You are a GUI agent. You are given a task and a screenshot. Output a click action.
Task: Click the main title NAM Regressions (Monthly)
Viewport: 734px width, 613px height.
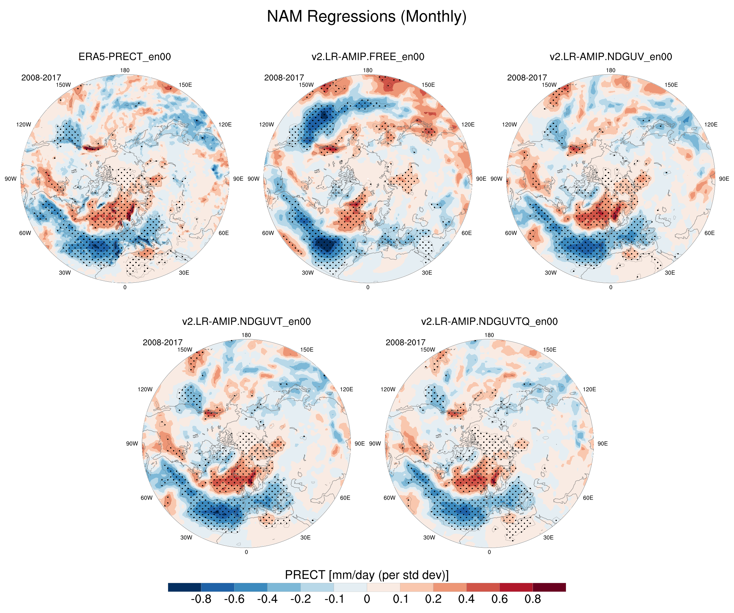[x=367, y=17]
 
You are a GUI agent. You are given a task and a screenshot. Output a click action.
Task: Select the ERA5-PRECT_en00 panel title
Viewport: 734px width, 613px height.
[x=124, y=57]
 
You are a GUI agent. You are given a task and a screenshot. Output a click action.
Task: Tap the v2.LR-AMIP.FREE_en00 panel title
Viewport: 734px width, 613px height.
[x=368, y=57]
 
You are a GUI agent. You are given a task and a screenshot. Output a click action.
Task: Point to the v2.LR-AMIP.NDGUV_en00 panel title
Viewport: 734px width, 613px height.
[x=611, y=57]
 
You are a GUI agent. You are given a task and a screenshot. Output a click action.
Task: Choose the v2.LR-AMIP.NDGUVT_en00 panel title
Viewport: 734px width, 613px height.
[x=246, y=322]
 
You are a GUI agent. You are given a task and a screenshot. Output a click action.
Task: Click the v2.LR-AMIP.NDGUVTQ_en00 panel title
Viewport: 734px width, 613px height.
[x=489, y=322]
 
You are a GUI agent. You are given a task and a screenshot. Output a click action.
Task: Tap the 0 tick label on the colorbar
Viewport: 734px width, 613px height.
[x=367, y=599]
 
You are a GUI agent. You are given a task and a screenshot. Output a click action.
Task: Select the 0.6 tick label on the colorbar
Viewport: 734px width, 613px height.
[x=499, y=599]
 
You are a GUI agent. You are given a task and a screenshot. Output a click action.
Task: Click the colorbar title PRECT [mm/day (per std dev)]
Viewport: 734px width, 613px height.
[x=367, y=575]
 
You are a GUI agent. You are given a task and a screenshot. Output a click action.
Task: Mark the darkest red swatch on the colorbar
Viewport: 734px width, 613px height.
[x=549, y=587]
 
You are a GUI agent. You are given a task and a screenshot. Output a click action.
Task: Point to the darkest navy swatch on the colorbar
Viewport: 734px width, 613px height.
[x=184, y=587]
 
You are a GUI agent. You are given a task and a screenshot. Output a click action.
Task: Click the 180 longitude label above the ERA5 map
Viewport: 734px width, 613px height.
[x=125, y=70]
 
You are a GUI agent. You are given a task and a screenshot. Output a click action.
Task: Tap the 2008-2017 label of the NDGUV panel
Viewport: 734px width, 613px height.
[x=527, y=78]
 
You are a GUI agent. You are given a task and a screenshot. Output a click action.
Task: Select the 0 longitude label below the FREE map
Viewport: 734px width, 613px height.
[x=368, y=287]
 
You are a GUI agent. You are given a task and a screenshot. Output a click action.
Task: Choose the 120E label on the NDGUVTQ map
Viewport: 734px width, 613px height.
[x=589, y=389]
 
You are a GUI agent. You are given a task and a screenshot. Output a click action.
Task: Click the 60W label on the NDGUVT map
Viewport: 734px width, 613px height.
[x=146, y=498]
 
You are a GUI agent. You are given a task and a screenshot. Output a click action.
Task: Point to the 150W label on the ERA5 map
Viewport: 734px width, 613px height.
[x=63, y=85]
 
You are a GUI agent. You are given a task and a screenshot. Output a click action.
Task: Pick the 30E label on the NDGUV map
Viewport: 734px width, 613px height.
[x=670, y=273]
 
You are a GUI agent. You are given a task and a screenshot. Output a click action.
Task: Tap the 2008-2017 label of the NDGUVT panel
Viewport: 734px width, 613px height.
[x=163, y=343]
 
